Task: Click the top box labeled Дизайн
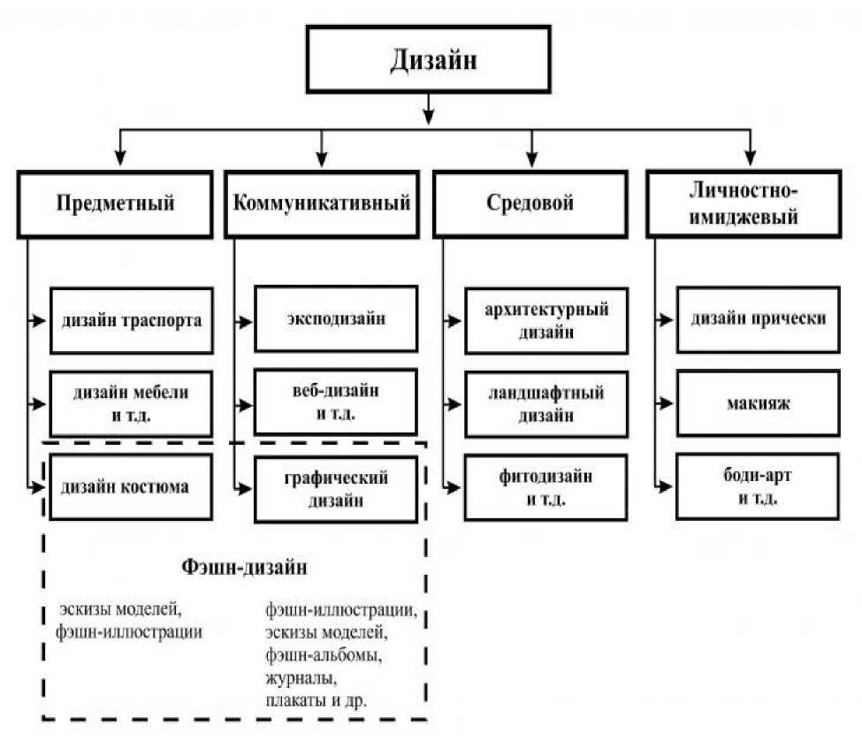pos(428,59)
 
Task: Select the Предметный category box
pos(115,204)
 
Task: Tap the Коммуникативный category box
pos(322,204)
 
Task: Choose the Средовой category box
pos(530,204)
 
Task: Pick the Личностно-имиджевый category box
pos(744,204)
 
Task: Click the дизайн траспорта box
pos(132,321)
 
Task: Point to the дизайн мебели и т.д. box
pos(131,404)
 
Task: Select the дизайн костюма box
pos(131,487)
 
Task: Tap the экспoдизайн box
pos(336,319)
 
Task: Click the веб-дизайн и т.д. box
pos(335,402)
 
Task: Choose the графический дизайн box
pos(336,489)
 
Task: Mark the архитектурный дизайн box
pos(546,321)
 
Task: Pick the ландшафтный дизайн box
pos(546,404)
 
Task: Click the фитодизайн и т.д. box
pos(545,488)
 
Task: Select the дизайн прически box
pos(759,319)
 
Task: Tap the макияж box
pos(759,403)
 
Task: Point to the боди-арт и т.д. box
pos(758,486)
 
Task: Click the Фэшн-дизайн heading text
pos(244,567)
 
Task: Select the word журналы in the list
pos(301,678)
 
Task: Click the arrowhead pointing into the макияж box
pos(667,403)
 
